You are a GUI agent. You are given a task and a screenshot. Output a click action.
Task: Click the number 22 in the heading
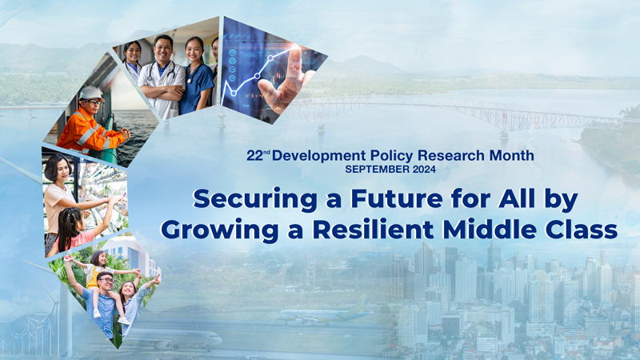click(254, 155)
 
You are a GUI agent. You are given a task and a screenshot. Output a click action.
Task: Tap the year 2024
click(424, 169)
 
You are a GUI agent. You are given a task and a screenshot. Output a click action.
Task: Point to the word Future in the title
click(397, 199)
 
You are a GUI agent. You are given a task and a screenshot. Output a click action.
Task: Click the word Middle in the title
click(490, 230)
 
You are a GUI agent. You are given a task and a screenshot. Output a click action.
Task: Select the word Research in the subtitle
click(451, 155)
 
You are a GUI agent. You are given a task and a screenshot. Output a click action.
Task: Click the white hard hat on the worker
click(91, 93)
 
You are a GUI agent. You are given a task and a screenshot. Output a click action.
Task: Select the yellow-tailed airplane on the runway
click(325, 314)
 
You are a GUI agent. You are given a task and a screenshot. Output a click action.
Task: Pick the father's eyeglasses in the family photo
click(106, 281)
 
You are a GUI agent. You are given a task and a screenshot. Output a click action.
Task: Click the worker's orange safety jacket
click(89, 131)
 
